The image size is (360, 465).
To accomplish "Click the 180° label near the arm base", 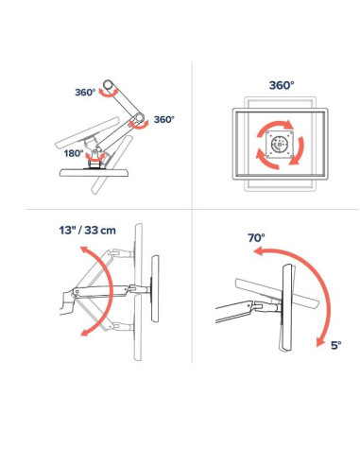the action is tap(74, 153).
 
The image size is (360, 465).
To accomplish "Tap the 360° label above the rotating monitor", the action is tap(282, 85).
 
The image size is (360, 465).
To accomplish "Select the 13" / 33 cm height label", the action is tap(87, 230).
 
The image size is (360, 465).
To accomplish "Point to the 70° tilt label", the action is tap(256, 237).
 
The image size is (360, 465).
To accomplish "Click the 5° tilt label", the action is tap(335, 345).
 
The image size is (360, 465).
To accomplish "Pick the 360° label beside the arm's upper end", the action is tap(85, 93).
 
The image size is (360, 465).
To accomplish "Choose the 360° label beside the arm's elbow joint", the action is tap(163, 119).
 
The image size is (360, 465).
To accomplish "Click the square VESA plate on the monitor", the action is tap(280, 145).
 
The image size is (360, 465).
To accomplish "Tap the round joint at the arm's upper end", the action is tap(109, 84).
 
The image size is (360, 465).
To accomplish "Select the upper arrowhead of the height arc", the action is tap(84, 250).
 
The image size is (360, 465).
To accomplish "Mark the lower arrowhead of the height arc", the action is tap(85, 332).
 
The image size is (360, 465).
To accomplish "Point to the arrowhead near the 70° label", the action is tap(258, 251).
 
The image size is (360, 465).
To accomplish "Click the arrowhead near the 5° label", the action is tap(320, 342).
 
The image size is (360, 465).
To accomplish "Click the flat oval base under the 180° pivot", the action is tap(94, 173).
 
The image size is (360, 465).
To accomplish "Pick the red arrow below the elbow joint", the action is tap(139, 126).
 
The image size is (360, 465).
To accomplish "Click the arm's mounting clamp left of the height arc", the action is tap(67, 303).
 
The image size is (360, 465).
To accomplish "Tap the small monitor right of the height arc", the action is tap(155, 288).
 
